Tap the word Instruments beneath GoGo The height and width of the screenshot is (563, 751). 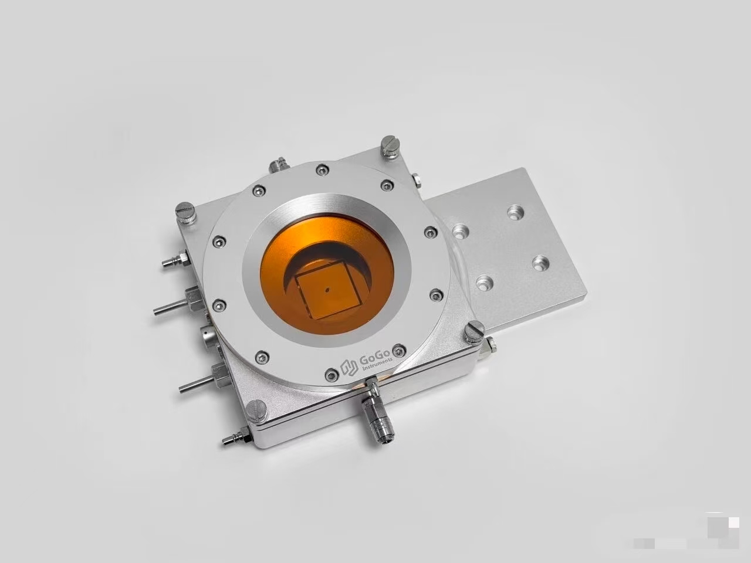[x=377, y=365]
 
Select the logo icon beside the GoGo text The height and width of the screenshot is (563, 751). [x=349, y=368]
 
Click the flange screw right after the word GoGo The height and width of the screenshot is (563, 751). [x=398, y=350]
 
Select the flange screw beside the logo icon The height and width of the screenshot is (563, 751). [x=331, y=375]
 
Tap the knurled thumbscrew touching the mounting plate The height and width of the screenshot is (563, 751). [x=474, y=332]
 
